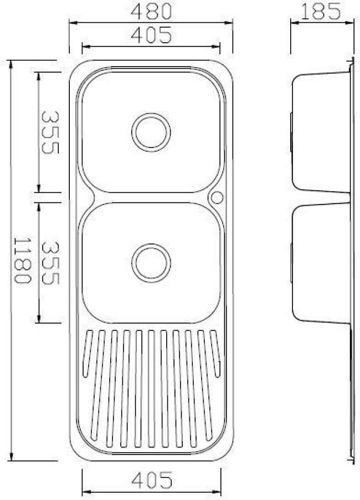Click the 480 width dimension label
pos(151,11)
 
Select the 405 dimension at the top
pos(151,35)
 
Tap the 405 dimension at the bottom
pos(151,477)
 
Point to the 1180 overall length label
pos(21,261)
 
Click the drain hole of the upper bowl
pos(151,131)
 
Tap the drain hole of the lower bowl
pos(151,261)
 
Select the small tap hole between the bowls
pos(217,197)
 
